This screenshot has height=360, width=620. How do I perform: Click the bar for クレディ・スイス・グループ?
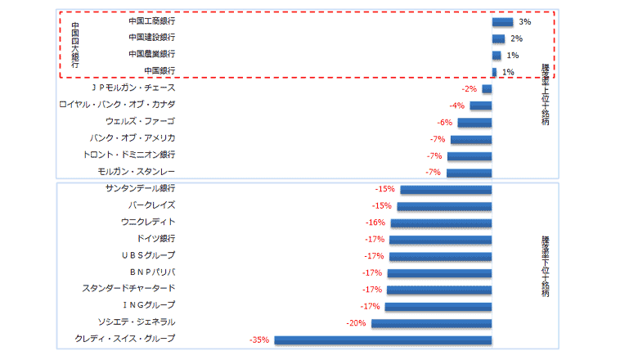click(x=383, y=340)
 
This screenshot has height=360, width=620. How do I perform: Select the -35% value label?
click(x=260, y=339)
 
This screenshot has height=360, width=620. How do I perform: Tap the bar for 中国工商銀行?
click(x=502, y=22)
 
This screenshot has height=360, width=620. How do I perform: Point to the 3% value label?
click(x=525, y=22)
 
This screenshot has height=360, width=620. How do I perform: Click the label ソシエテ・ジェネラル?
click(x=137, y=322)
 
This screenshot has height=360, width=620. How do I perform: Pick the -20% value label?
click(x=357, y=322)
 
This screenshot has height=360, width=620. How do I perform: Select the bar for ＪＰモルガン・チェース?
click(x=487, y=89)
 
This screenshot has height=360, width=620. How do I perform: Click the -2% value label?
click(x=469, y=88)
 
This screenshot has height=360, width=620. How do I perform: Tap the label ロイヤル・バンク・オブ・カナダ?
click(x=117, y=106)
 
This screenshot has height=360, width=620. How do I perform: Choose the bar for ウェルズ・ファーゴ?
click(x=474, y=123)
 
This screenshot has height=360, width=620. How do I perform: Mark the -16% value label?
click(x=375, y=223)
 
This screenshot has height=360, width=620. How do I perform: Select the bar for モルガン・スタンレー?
click(x=469, y=173)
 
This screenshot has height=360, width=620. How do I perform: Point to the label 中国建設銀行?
click(x=152, y=38)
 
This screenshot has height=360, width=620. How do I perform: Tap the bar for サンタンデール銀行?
click(x=446, y=189)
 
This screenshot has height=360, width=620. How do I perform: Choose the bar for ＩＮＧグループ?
click(x=438, y=306)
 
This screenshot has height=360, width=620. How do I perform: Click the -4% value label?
click(x=456, y=106)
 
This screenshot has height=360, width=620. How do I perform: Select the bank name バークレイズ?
click(x=151, y=205)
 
